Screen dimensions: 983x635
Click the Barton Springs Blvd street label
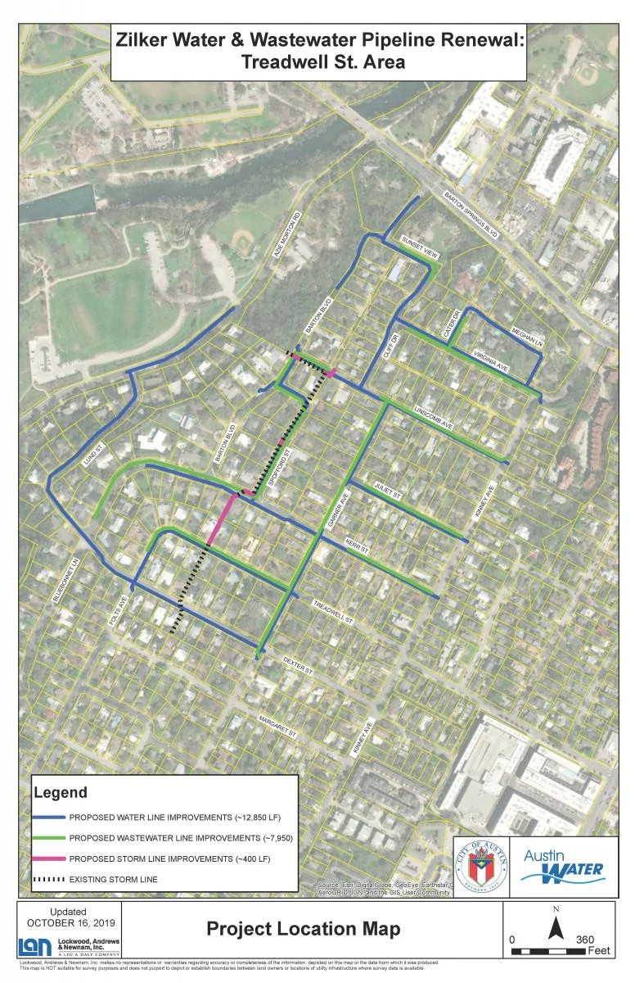click(470, 215)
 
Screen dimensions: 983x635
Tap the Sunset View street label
click(420, 247)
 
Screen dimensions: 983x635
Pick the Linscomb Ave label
click(435, 419)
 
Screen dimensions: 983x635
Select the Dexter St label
click(299, 664)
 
